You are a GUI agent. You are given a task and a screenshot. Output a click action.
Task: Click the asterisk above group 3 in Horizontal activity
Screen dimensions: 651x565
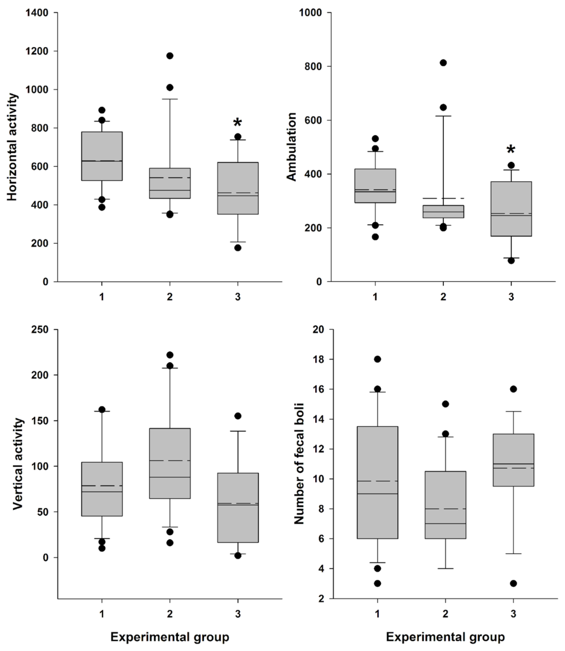click(237, 123)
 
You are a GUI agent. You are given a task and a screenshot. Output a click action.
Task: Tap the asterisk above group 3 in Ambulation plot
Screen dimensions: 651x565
click(511, 150)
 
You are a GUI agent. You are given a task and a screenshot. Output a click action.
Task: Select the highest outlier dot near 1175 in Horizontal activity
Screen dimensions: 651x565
click(170, 56)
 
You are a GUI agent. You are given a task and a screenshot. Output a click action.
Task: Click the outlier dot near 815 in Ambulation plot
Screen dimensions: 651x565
click(443, 63)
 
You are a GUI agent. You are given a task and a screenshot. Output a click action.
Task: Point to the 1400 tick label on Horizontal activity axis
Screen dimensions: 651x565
click(37, 13)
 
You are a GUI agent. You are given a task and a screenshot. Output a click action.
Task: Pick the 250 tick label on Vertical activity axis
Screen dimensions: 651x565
click(40, 329)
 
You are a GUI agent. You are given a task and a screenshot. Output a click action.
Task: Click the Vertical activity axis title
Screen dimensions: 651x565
click(18, 464)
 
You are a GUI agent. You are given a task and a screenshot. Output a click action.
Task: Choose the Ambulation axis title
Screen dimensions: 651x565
click(292, 147)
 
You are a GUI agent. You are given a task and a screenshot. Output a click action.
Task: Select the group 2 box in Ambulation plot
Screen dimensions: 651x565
click(443, 212)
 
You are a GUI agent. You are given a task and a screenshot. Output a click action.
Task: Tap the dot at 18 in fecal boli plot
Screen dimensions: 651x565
click(377, 359)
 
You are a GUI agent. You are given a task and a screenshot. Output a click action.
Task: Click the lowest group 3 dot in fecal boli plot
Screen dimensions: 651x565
click(513, 584)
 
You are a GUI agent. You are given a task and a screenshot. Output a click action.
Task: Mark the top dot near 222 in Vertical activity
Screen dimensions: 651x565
click(170, 355)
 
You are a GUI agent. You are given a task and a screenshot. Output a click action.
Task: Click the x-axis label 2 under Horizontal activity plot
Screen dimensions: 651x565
click(170, 297)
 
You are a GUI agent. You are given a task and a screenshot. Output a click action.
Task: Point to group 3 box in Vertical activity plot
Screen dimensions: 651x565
click(238, 508)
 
